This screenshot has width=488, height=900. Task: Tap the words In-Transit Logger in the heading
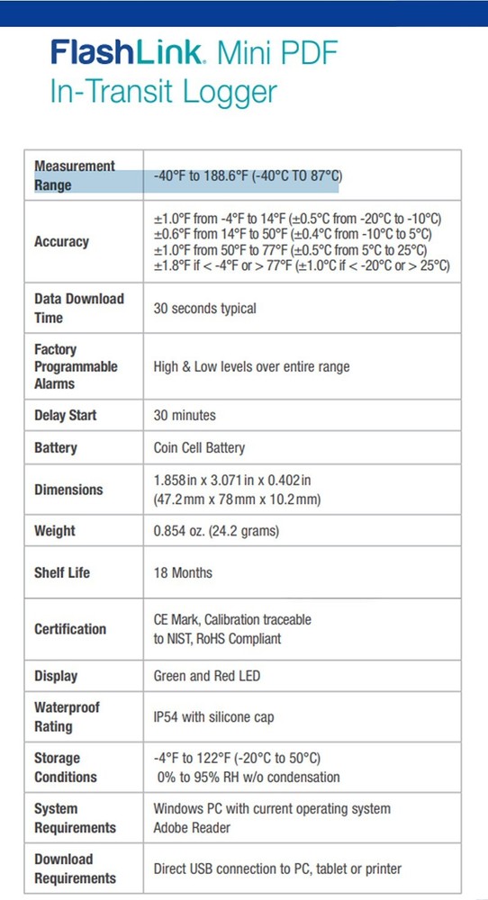click(163, 92)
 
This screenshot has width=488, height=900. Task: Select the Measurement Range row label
click(75, 175)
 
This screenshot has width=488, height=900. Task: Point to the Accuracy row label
click(61, 241)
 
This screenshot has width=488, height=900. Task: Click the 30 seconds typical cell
click(205, 309)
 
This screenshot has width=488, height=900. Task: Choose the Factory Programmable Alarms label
click(76, 366)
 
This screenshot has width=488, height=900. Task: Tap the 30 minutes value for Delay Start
click(185, 416)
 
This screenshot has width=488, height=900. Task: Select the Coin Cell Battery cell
click(199, 447)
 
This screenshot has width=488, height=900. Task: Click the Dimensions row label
click(68, 490)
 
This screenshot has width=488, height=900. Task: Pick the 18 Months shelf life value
click(183, 572)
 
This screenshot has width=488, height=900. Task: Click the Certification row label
click(70, 629)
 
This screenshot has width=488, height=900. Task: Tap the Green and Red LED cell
click(205, 676)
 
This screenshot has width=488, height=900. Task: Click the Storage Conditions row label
click(66, 768)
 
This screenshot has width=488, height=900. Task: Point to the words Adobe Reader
click(192, 827)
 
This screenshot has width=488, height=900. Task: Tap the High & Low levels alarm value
click(251, 366)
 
